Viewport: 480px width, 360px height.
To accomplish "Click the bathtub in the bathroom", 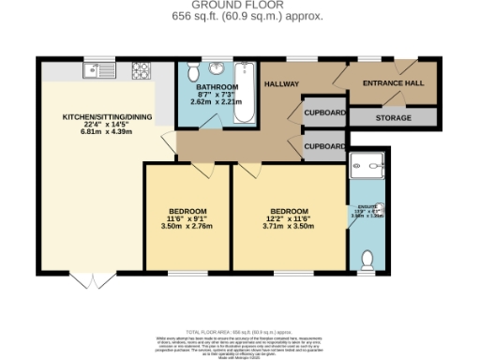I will coord(246,92).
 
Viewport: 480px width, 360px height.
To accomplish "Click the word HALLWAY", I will coord(280,83).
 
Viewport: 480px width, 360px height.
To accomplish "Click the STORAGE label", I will coord(394,118).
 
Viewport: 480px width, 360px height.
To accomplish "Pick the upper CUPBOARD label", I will coord(323,112).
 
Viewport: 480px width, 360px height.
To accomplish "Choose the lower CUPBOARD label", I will coord(323,146).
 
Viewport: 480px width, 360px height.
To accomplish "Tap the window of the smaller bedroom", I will coord(187,273).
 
